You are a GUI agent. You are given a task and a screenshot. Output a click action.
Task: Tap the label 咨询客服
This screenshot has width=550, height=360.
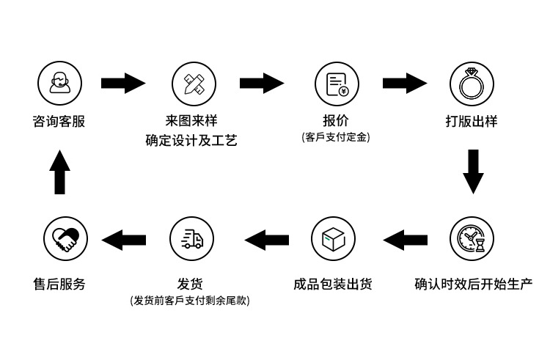pyautogui.click(x=59, y=122)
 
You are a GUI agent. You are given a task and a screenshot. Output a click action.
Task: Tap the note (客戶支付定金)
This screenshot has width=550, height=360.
pyautogui.click(x=335, y=137)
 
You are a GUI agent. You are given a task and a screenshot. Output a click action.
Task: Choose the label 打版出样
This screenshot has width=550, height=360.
pyautogui.click(x=471, y=122)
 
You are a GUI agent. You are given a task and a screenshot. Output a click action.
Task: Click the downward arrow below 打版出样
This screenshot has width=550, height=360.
pyautogui.click(x=474, y=172)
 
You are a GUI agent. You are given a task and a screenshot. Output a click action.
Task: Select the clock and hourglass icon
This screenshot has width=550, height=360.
pyautogui.click(x=471, y=238)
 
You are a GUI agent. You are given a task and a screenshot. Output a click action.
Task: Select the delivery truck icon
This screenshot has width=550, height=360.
pyautogui.click(x=191, y=238)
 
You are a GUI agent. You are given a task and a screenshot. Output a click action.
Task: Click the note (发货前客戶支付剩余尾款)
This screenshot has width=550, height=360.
pyautogui.click(x=190, y=301)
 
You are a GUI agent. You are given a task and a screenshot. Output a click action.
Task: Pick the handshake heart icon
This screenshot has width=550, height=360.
pyautogui.click(x=65, y=238)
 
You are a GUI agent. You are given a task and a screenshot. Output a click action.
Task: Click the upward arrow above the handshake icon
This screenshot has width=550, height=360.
pyautogui.click(x=61, y=173)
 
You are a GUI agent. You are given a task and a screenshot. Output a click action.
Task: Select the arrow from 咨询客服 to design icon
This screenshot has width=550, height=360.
pyautogui.click(x=122, y=83)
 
